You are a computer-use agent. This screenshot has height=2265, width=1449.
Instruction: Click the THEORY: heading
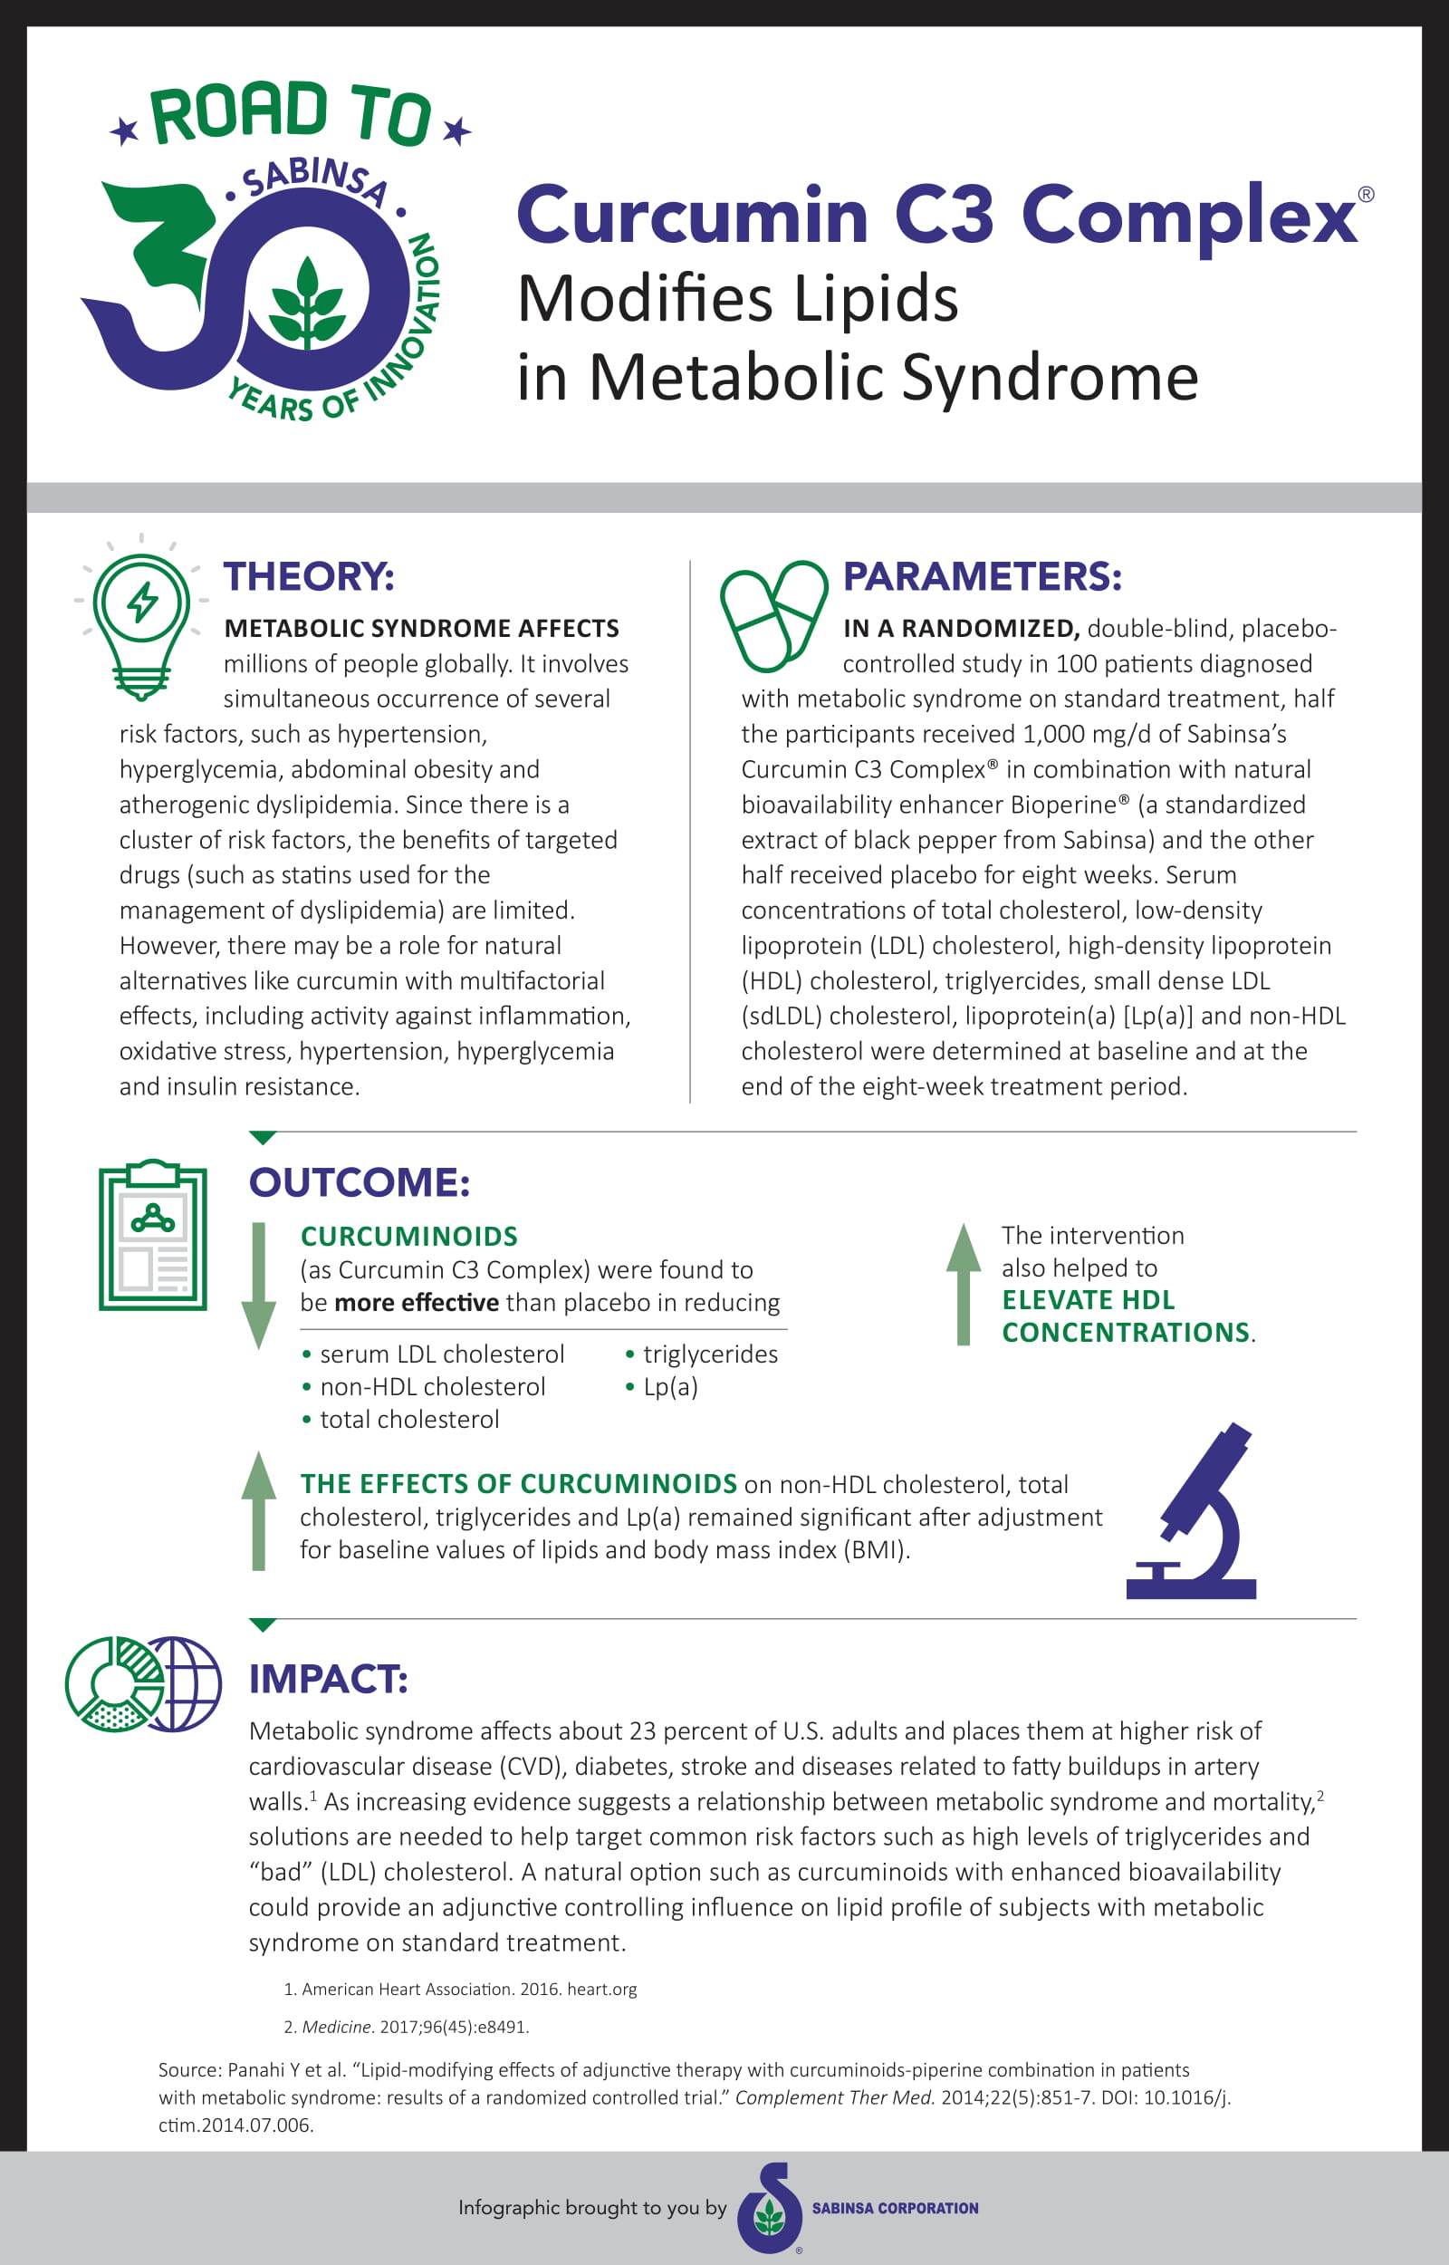click(309, 576)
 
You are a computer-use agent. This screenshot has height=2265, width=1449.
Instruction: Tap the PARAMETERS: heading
click(982, 576)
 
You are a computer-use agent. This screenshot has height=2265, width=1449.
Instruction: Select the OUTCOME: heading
click(360, 1182)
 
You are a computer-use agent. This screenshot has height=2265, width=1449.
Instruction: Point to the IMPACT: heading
click(329, 1679)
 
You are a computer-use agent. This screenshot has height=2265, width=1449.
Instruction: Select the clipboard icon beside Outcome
click(152, 1235)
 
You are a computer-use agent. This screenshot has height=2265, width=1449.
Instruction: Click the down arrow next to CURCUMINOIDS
click(259, 1285)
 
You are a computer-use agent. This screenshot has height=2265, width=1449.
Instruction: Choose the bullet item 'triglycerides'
click(709, 1354)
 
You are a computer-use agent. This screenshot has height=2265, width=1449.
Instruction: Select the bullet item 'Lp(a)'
click(670, 1386)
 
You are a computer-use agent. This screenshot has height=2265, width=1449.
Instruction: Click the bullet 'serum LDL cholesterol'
click(441, 1354)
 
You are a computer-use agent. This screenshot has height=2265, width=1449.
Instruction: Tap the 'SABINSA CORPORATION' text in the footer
click(895, 2208)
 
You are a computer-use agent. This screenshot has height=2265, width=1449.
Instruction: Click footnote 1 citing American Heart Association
click(461, 1990)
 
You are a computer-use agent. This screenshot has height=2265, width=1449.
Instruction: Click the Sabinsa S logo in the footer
click(771, 2208)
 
